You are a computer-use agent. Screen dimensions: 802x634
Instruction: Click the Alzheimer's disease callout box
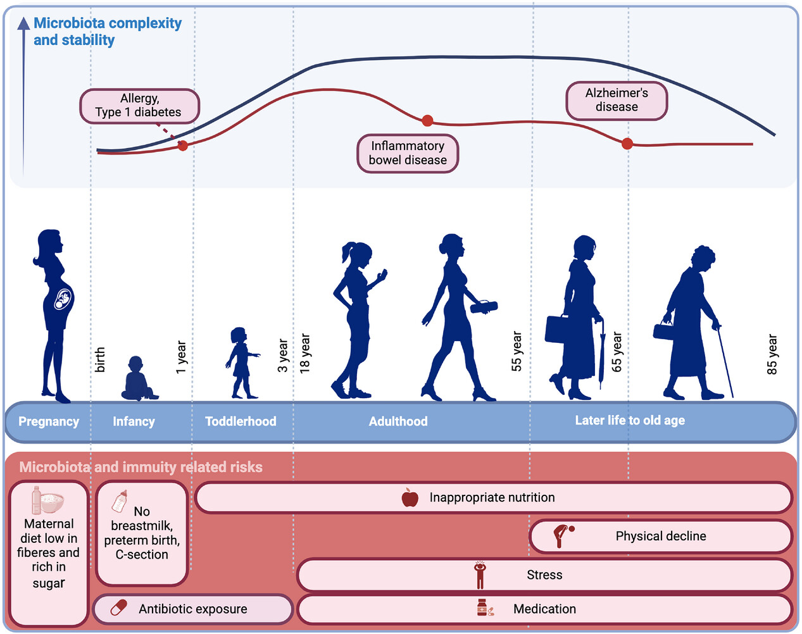(x=617, y=101)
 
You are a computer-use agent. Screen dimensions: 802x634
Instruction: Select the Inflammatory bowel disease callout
(x=408, y=153)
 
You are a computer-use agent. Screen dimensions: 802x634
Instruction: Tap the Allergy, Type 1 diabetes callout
(x=139, y=106)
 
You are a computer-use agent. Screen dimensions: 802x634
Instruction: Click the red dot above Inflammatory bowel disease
(x=427, y=121)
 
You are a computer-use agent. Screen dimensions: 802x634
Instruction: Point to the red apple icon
(x=410, y=497)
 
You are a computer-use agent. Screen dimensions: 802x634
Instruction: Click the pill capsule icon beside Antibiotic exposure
(x=119, y=607)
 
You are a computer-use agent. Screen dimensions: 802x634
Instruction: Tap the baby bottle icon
(x=119, y=500)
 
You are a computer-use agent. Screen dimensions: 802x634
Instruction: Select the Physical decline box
(x=660, y=536)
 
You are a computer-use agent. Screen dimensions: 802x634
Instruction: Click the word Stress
(x=544, y=575)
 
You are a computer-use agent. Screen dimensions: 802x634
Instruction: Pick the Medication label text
(x=544, y=609)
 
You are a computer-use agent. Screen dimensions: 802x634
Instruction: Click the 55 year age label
(x=517, y=351)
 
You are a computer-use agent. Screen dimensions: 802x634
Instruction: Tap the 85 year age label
(x=772, y=354)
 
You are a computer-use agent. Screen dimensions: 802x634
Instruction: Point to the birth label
(x=100, y=359)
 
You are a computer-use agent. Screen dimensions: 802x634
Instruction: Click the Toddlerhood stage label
(x=241, y=421)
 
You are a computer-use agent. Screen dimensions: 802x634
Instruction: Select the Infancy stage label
(x=134, y=421)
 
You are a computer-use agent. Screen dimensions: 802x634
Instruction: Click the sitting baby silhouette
(x=139, y=378)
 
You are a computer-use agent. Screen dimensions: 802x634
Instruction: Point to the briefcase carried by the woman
(x=557, y=329)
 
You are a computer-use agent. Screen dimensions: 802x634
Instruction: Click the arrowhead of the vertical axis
(x=24, y=23)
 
